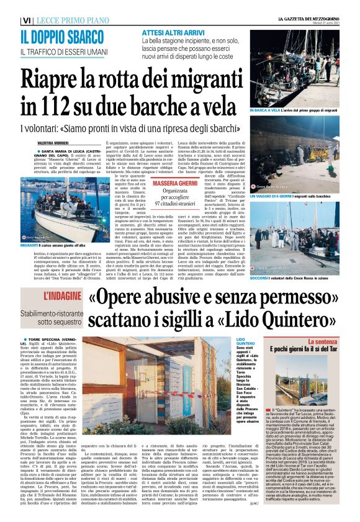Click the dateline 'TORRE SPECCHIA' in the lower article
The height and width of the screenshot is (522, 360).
tap(50, 340)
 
